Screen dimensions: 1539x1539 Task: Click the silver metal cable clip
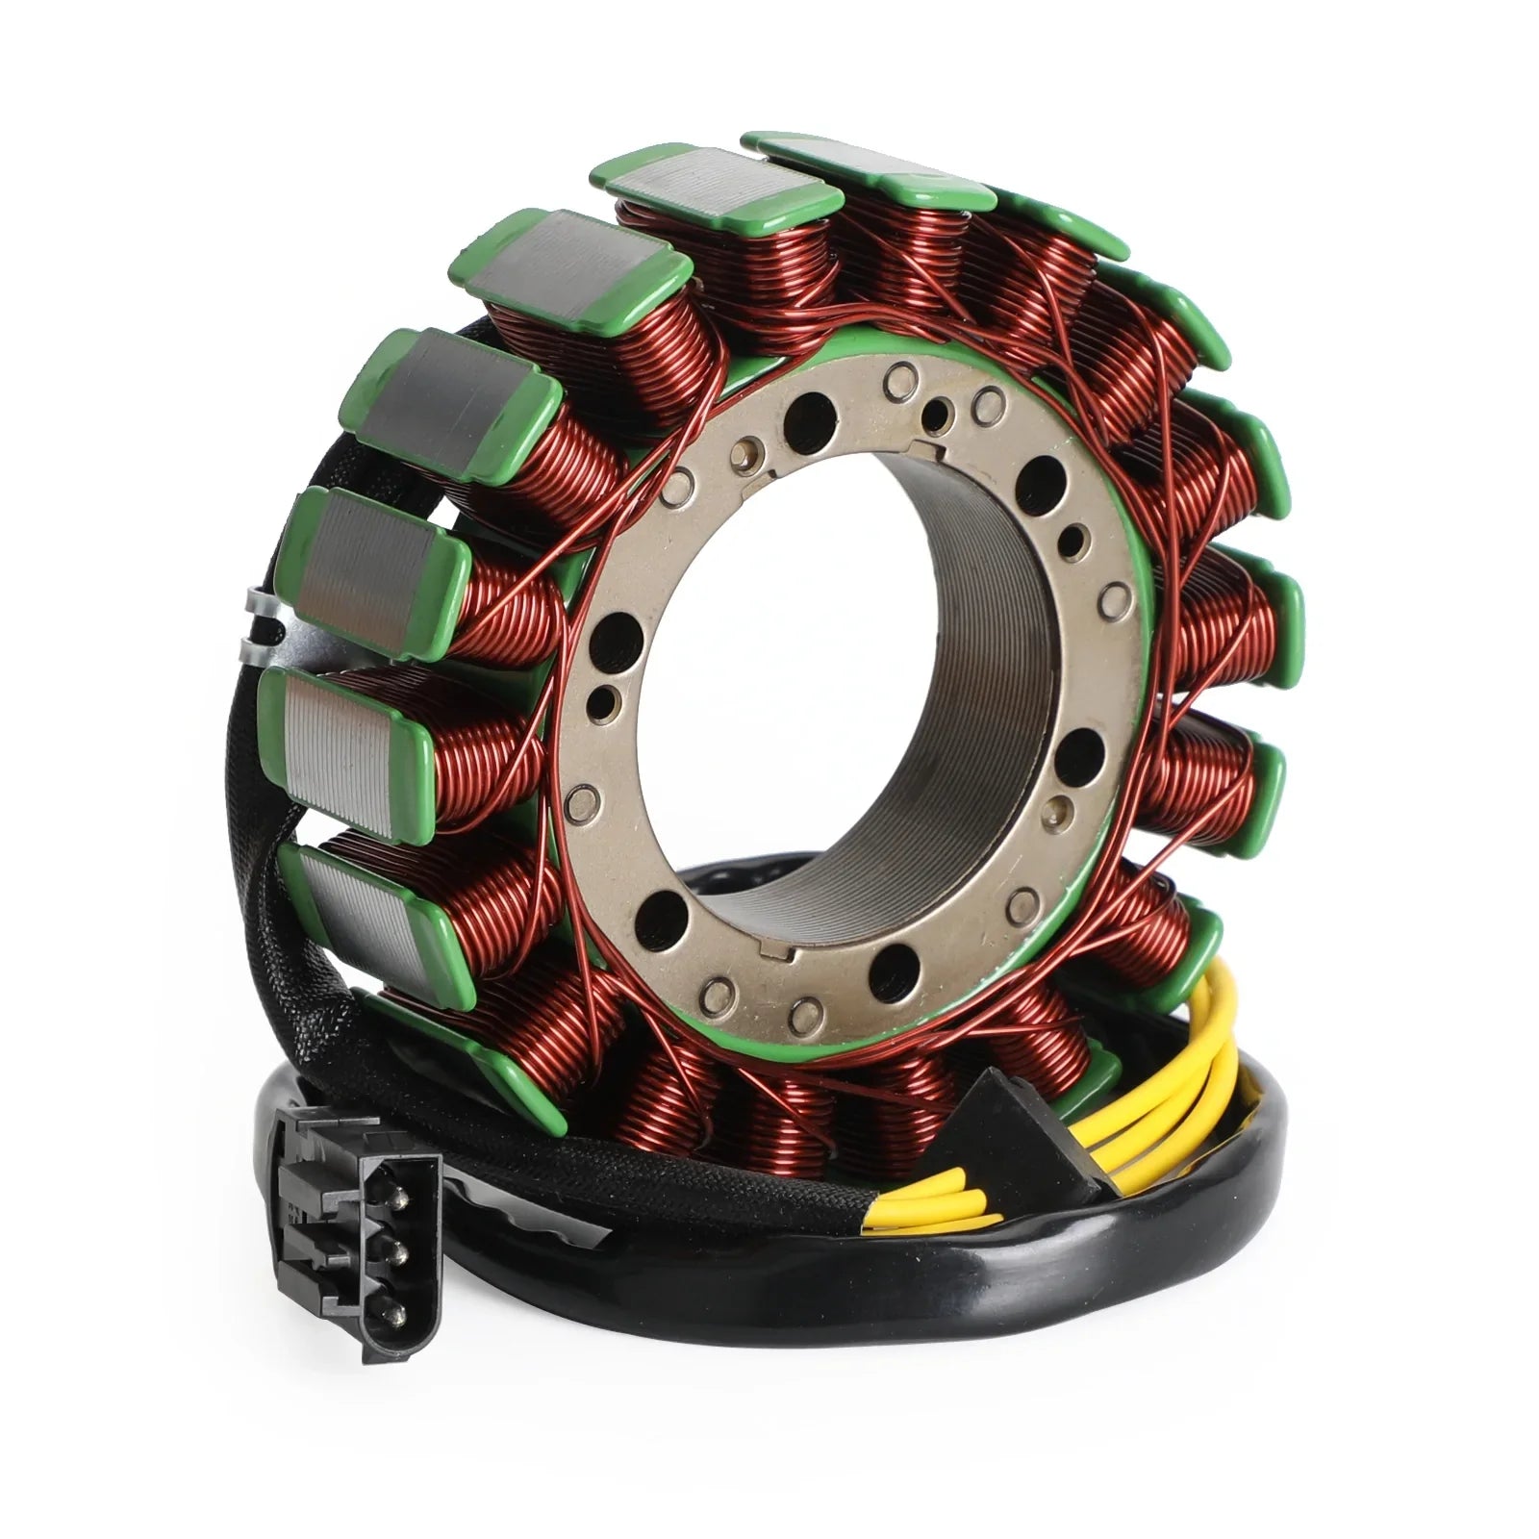[257, 625]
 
